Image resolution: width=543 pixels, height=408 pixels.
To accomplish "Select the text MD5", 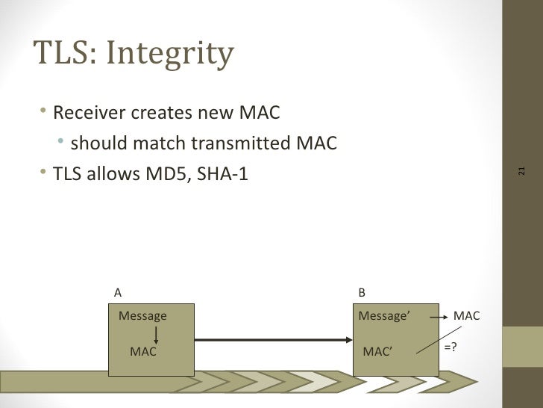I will [x=152, y=174].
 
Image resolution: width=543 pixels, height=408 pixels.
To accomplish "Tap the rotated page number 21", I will [x=521, y=171].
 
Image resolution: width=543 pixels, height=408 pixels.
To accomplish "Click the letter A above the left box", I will [x=118, y=293].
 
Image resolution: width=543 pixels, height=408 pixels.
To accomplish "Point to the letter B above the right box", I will [x=362, y=293].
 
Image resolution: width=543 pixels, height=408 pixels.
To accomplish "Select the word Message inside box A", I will [x=142, y=316].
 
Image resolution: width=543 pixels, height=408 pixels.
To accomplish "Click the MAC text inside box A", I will [x=142, y=351].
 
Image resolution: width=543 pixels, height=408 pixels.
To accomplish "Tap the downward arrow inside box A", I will [x=157, y=334].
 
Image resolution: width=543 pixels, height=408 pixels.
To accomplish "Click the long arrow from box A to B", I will [x=272, y=341].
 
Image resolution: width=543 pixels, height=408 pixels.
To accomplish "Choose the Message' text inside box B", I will [x=383, y=316].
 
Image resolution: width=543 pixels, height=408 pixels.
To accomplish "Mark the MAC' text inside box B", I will [x=377, y=352].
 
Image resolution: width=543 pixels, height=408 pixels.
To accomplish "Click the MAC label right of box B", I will [x=466, y=316].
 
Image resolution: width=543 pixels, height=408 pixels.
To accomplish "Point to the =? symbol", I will [x=451, y=347].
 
